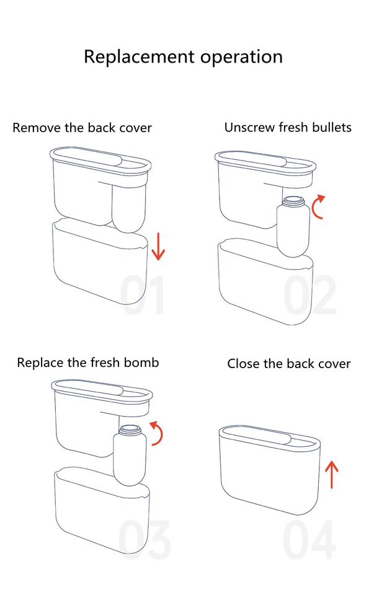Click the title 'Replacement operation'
[184, 57]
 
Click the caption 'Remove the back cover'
[82, 128]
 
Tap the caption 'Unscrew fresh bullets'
[288, 128]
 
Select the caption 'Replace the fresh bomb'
[87, 363]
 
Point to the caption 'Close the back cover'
[288, 364]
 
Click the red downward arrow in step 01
[158, 247]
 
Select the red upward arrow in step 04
[332, 474]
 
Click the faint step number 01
[142, 295]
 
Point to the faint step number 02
[310, 295]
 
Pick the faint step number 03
[144, 539]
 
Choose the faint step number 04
[309, 539]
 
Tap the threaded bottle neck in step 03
[130, 430]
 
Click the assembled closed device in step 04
[270, 470]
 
